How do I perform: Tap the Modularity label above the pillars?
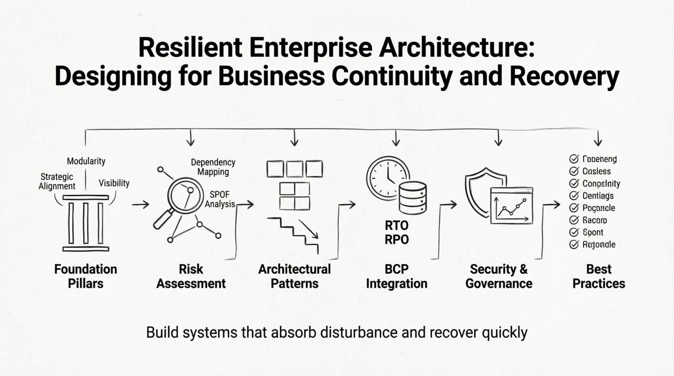tap(86, 161)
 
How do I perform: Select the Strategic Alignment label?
tap(57, 181)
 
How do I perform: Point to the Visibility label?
tap(114, 183)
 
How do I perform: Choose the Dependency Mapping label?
tap(213, 167)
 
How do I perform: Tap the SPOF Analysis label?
tap(220, 199)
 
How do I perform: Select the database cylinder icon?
tap(413, 197)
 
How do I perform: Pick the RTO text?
tap(397, 225)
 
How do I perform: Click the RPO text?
tap(397, 239)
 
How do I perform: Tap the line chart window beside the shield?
tap(511, 206)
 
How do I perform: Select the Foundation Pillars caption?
tap(85, 276)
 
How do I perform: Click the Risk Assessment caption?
tap(191, 276)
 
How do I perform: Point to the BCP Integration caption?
tap(397, 276)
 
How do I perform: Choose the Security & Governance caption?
tap(499, 276)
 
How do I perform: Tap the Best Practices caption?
tap(599, 276)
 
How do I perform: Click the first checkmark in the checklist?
tap(574, 159)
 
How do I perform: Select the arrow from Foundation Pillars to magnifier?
tap(141, 205)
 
